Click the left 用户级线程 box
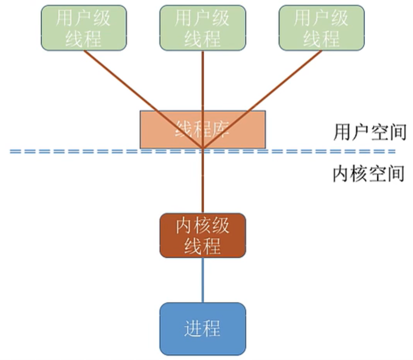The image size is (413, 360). coord(83,28)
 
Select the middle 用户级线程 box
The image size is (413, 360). coord(202,28)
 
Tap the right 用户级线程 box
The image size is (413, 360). coord(321,28)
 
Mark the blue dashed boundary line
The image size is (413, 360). coord(311,151)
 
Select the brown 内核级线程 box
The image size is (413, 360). coord(202,235)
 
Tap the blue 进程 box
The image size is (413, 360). coord(202,328)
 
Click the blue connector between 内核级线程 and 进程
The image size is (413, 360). coord(202,280)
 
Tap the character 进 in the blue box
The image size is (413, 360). coord(193,328)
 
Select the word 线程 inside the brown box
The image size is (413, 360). coord(202,246)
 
